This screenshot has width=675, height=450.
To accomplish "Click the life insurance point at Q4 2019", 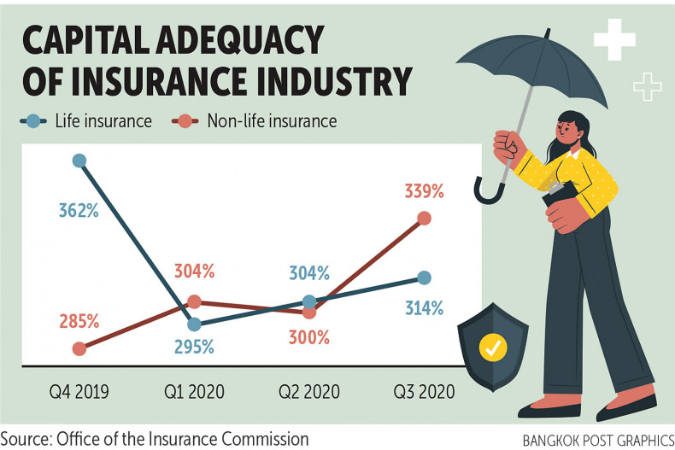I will [79, 160].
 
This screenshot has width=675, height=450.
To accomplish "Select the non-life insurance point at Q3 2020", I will [424, 219].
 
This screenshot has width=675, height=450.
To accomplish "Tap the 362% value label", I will [79, 210].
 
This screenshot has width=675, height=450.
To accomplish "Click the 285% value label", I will [79, 322].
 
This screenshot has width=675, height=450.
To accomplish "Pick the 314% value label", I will [424, 308].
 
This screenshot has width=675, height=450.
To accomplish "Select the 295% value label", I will [194, 347].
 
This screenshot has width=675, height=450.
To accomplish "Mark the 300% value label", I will [308, 336].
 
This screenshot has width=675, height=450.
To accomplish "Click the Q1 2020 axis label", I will [194, 393].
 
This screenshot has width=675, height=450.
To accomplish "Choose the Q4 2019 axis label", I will [79, 393].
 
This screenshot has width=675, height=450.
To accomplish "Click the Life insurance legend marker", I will [33, 121].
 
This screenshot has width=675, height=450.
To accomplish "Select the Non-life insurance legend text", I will [272, 121].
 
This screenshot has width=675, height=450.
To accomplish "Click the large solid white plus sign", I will [614, 40].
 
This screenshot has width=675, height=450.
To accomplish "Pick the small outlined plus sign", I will [647, 87].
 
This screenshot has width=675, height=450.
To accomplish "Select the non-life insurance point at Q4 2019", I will [79, 348].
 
